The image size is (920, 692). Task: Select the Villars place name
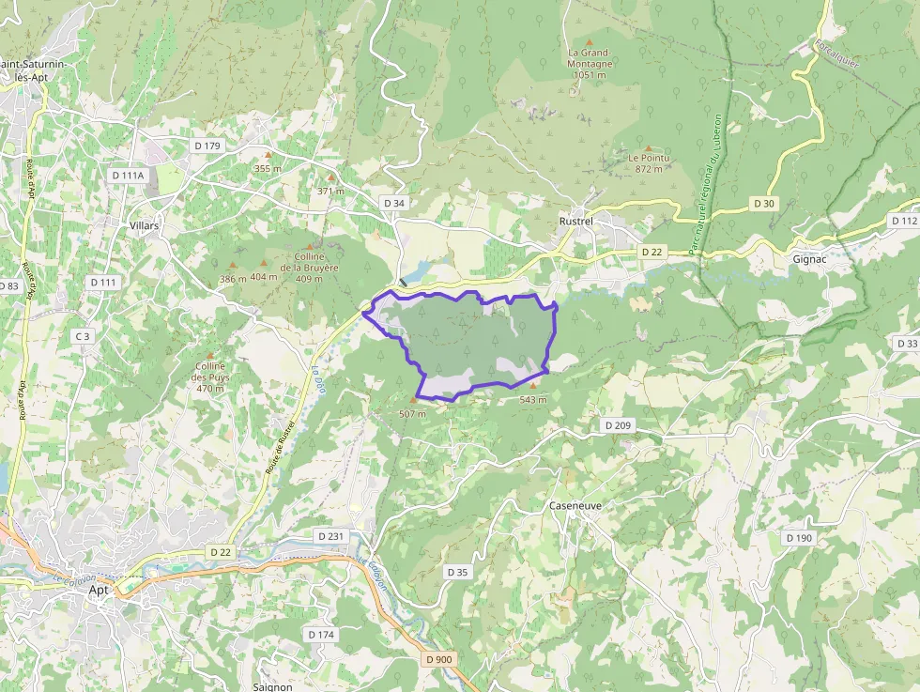coord(144,226)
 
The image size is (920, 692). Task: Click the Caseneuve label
coord(575,505)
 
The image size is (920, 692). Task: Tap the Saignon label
coord(273,686)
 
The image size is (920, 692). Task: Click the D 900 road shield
coord(438,659)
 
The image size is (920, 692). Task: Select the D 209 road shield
coord(618,425)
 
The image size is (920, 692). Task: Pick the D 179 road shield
coord(207,146)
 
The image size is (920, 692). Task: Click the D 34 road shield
coord(394,203)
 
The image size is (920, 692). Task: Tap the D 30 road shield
coord(764,204)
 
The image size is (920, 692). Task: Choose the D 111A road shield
coord(128,175)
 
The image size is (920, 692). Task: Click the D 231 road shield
coord(330,535)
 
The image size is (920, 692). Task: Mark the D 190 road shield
coord(799,537)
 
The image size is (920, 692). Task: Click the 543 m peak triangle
coord(534,385)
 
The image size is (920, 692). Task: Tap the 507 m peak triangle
coord(412,400)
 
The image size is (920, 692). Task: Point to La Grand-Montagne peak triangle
coord(590,42)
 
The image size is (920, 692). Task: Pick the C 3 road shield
coord(83,336)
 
